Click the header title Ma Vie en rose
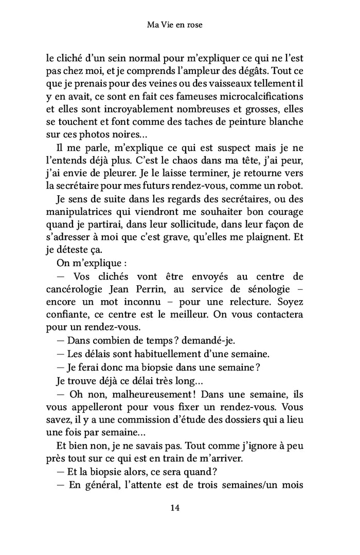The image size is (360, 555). (x=174, y=24)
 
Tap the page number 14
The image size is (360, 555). (x=174, y=508)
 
